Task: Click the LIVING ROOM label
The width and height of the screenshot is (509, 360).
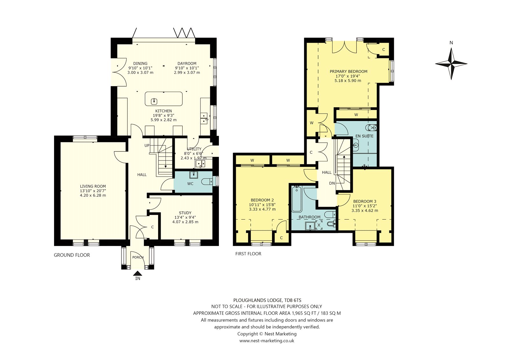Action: click(93, 186)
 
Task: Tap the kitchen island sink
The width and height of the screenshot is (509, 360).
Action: click(154, 101)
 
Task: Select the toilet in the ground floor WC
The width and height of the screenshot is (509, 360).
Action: click(207, 181)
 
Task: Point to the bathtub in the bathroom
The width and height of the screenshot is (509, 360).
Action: click(297, 199)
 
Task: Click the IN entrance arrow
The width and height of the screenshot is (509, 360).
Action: click(138, 274)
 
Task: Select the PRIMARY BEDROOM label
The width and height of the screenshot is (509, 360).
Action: click(349, 71)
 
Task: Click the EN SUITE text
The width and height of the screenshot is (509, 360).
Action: click(364, 136)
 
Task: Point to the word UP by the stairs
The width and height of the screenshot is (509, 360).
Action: click(147, 145)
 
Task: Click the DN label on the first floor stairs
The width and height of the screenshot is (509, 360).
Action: click(332, 183)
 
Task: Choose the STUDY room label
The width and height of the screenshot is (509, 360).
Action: click(185, 213)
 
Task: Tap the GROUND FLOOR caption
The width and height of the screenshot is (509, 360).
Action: click(72, 255)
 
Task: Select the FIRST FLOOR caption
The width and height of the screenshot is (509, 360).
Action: click(248, 254)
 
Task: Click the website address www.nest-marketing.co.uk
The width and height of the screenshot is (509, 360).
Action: click(267, 341)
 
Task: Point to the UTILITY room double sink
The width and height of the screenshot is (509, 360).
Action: click(200, 164)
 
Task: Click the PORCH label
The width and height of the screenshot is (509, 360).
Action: click(138, 257)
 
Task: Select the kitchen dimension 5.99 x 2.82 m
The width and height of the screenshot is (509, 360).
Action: click(164, 120)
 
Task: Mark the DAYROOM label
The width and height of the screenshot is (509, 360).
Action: click(187, 63)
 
